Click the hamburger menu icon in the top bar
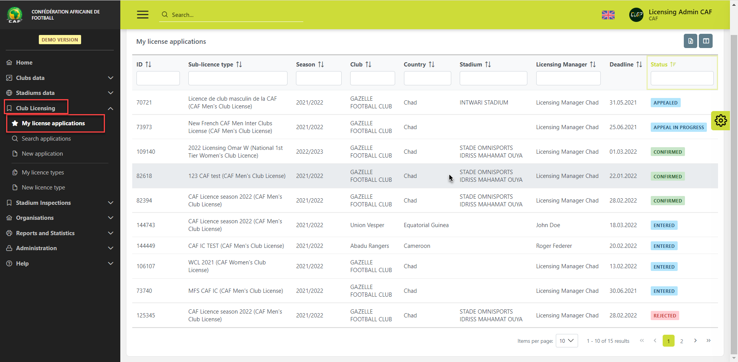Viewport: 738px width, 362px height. click(143, 15)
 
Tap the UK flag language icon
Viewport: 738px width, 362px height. click(608, 15)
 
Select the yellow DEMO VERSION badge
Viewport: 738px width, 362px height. click(60, 40)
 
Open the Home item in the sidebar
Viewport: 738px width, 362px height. click(24, 63)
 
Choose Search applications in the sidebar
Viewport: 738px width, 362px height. click(46, 139)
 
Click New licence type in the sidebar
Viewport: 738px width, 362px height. click(43, 188)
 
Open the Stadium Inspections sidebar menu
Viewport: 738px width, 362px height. click(43, 203)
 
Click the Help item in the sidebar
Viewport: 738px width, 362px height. click(22, 264)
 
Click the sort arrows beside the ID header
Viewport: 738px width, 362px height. click(148, 65)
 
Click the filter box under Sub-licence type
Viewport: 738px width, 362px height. click(238, 78)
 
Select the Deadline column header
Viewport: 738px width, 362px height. click(621, 65)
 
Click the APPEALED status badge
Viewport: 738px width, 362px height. click(665, 103)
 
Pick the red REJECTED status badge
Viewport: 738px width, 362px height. click(665, 316)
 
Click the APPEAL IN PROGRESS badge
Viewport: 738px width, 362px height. click(678, 128)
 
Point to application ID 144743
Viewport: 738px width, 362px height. click(146, 225)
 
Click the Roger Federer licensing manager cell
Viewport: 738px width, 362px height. click(554, 246)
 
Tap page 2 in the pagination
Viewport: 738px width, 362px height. click(681, 341)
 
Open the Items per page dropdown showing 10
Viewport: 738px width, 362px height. click(567, 341)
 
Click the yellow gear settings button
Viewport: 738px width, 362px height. click(720, 121)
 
